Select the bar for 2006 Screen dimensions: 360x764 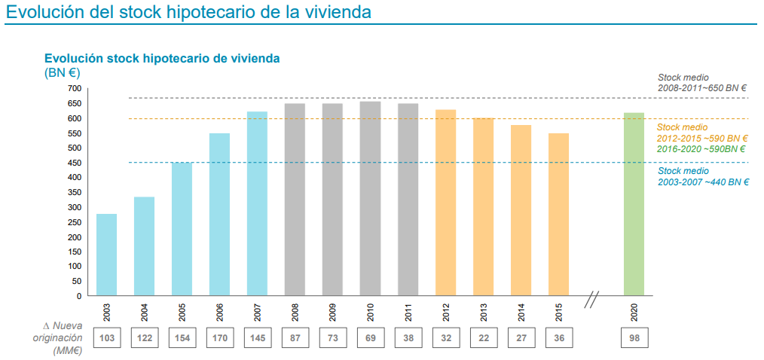(219, 215)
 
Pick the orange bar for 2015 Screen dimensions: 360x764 (558, 215)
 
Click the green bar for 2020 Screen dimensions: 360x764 (634, 204)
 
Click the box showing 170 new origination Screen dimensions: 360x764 (219, 338)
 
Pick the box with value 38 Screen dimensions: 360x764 (408, 338)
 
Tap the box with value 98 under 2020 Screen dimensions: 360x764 (634, 338)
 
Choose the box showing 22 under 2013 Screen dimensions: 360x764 (483, 338)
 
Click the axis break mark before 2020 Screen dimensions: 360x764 (591, 301)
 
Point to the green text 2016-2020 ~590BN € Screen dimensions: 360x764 (701, 149)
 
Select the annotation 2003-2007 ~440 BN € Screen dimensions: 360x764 (701, 182)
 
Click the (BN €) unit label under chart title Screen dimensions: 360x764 (62, 72)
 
